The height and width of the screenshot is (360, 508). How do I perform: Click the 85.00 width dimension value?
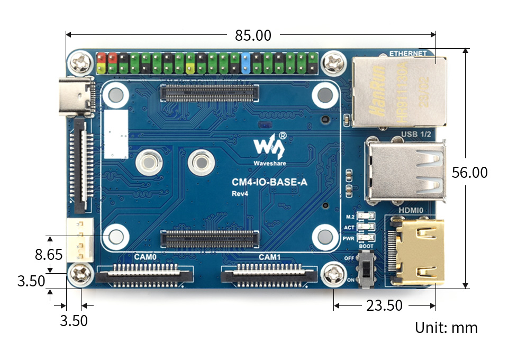click(x=253, y=35)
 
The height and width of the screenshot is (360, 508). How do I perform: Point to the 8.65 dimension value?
click(x=49, y=255)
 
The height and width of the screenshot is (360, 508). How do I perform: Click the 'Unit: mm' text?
click(x=446, y=328)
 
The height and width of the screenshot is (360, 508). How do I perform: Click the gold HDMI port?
click(x=420, y=251)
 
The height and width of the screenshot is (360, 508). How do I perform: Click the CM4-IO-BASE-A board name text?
click(x=270, y=183)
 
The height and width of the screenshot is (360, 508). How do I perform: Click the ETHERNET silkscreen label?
click(x=407, y=53)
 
